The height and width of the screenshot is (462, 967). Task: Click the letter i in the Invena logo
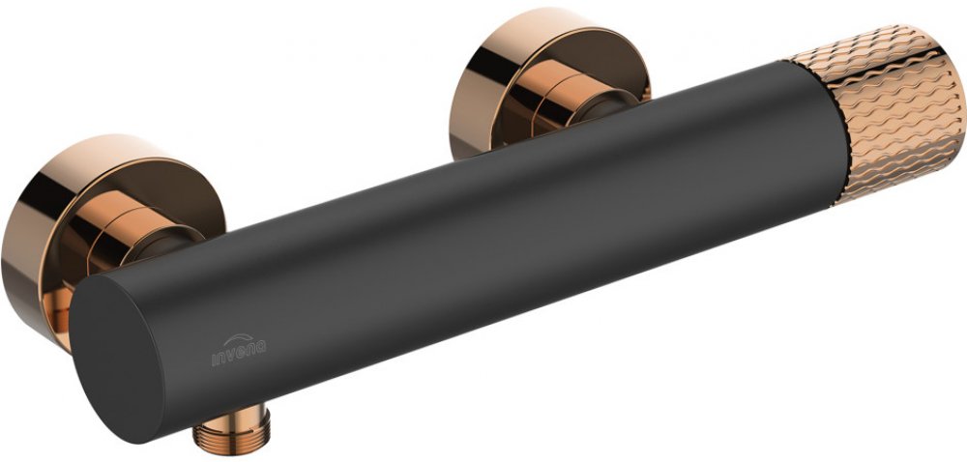pyautogui.click(x=214, y=360)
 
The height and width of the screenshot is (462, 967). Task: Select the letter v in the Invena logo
pyautogui.click(x=232, y=356)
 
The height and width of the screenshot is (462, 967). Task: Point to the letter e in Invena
pyautogui.click(x=242, y=353)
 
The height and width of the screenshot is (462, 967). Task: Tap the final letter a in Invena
pyautogui.click(x=261, y=348)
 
